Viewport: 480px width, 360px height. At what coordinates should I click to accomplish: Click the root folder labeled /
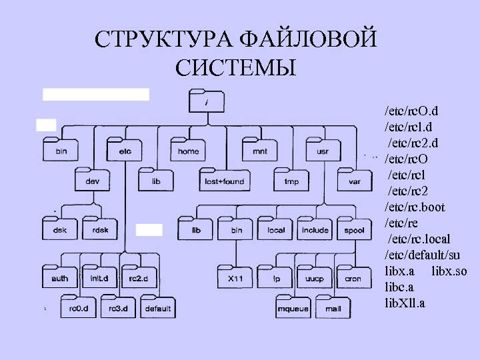(207, 101)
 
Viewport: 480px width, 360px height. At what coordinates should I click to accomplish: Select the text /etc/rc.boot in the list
(415, 207)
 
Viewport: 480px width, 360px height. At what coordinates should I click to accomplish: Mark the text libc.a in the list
(400, 287)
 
